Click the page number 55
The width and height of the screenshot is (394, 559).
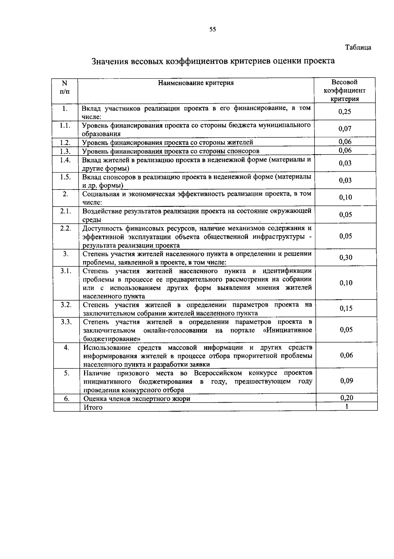tap(213, 29)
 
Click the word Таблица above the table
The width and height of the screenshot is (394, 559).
tap(358, 47)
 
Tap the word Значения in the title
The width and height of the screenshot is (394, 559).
tap(109, 61)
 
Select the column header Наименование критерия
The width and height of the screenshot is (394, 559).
tap(196, 83)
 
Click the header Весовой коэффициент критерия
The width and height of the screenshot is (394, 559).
tap(344, 90)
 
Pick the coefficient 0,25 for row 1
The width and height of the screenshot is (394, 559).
tap(345, 111)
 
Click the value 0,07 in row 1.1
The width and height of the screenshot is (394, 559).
tap(345, 129)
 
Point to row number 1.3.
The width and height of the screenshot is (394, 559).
tap(65, 151)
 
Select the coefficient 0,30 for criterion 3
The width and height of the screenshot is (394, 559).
tap(346, 257)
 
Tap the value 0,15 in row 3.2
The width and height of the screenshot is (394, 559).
tap(346, 308)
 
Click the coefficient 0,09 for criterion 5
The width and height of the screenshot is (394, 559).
tap(347, 381)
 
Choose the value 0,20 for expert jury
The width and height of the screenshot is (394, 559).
tap(347, 398)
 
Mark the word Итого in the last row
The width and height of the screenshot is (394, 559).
tap(93, 407)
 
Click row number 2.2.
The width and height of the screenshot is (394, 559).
tap(66, 228)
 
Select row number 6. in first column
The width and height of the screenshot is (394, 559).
tap(67, 398)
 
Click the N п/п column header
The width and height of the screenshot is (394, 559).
tap(65, 87)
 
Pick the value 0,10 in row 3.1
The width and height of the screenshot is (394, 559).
tap(346, 283)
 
